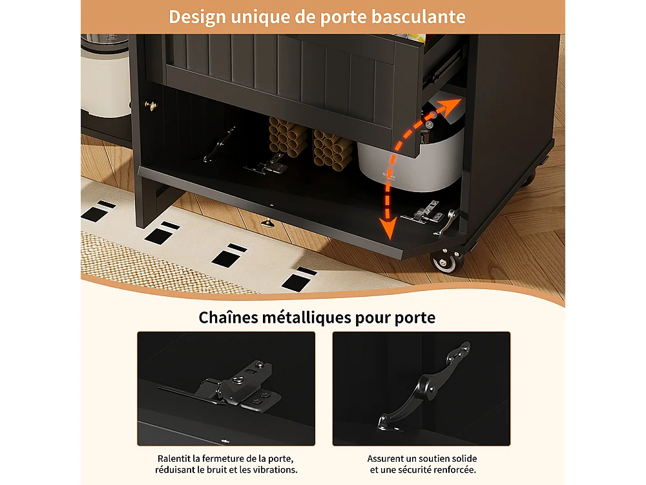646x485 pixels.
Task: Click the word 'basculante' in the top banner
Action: [418, 17]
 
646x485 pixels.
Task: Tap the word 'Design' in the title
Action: [197, 17]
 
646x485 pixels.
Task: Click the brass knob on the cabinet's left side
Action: [151, 105]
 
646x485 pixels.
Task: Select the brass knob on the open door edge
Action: [269, 224]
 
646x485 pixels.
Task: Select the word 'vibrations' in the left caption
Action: [276, 469]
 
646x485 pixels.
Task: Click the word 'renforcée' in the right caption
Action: [455, 469]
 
